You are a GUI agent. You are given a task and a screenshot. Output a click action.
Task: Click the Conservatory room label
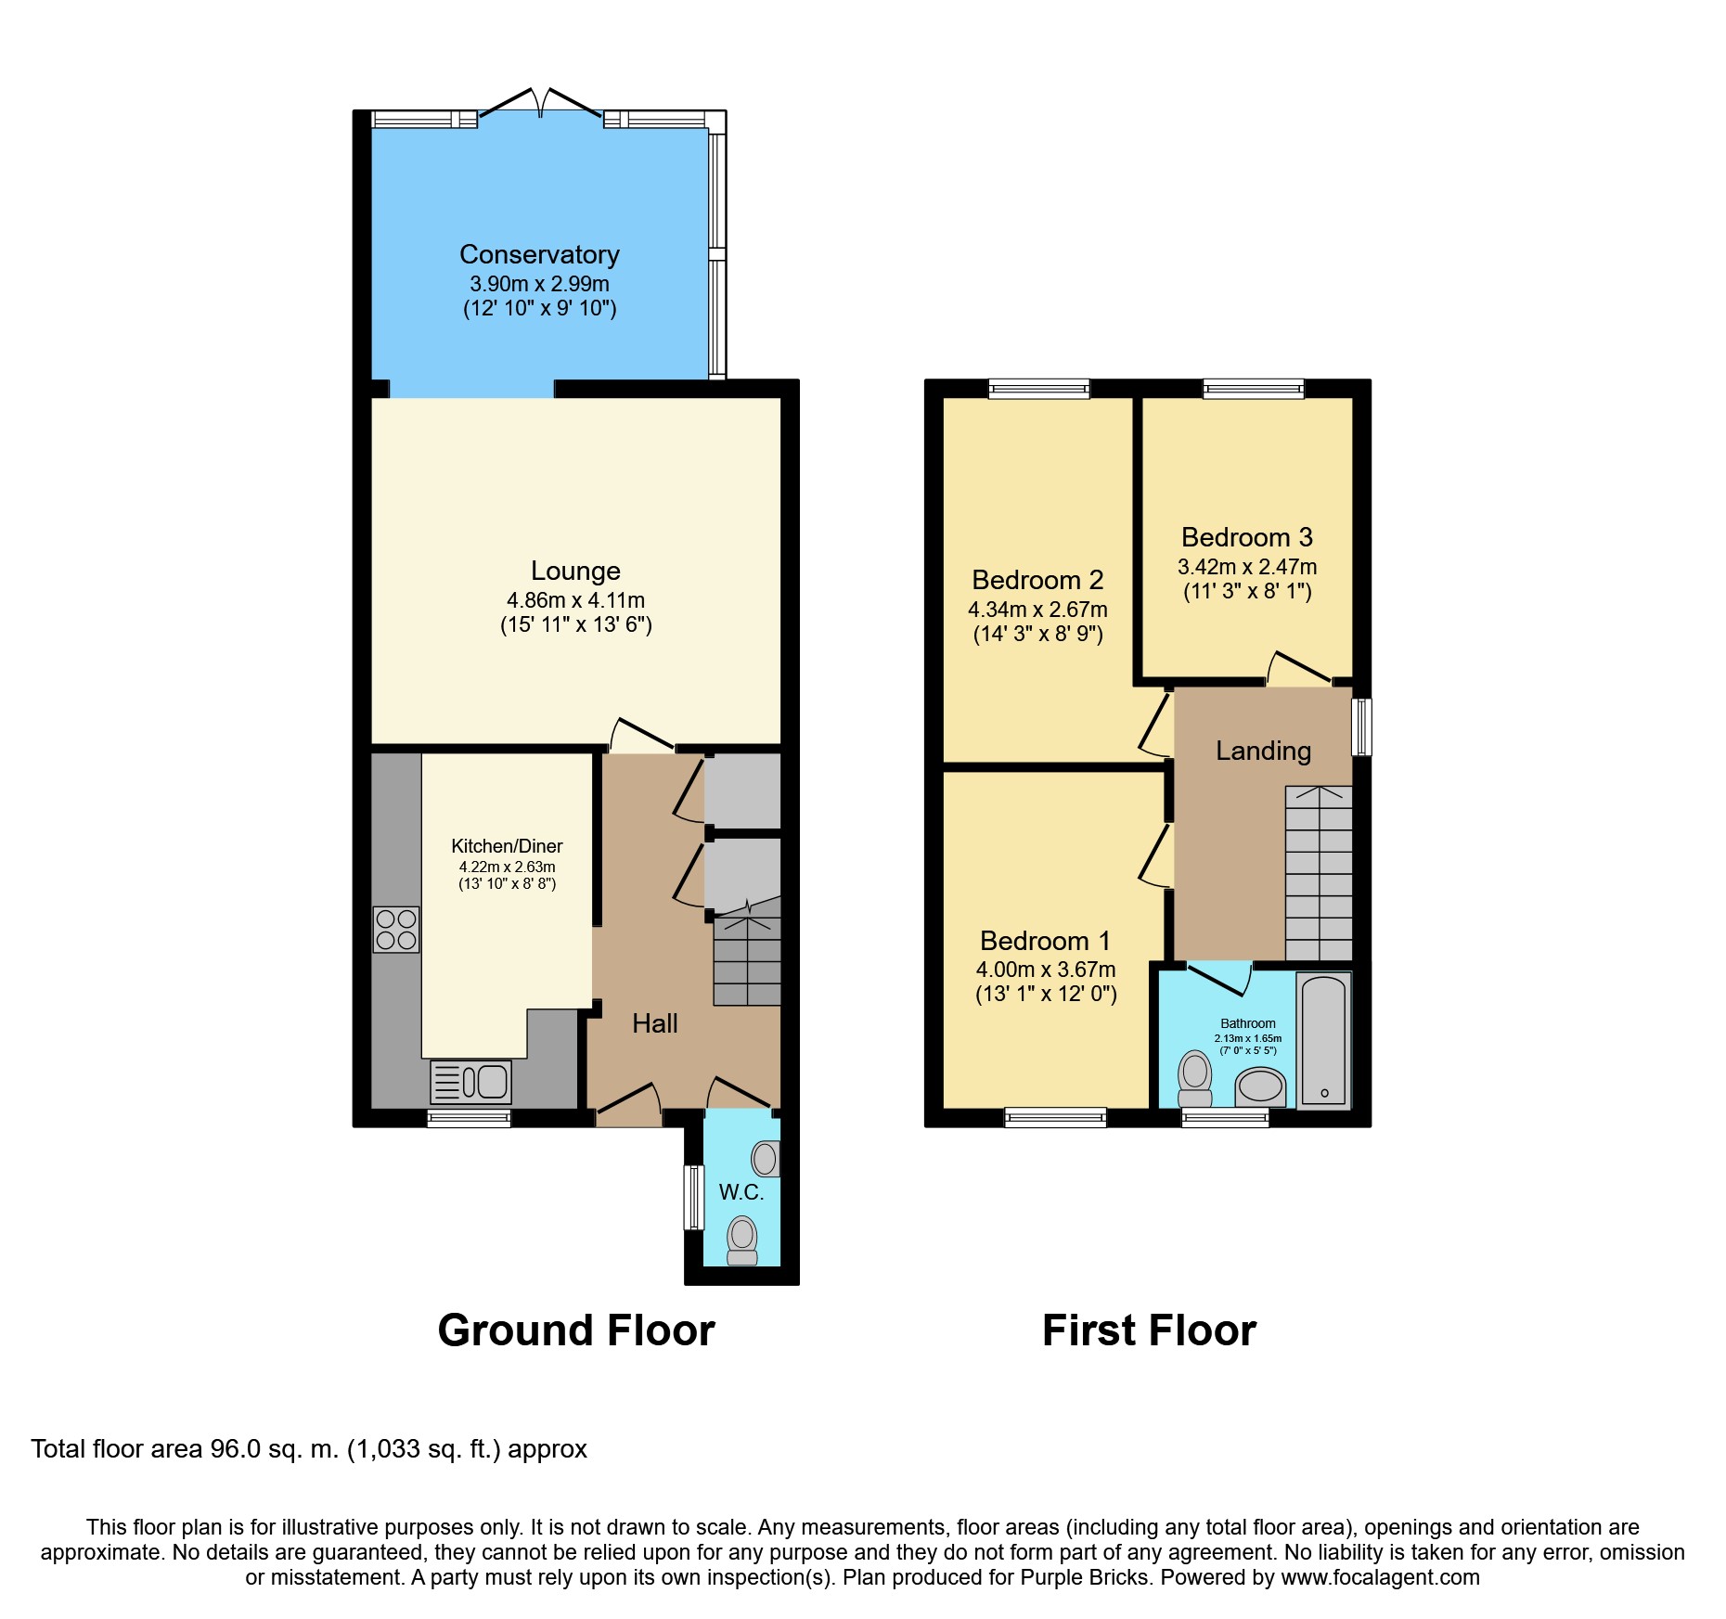(539, 254)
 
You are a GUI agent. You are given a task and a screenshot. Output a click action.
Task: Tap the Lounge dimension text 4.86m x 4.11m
(575, 600)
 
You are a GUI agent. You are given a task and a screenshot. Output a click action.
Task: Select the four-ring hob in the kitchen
(396, 930)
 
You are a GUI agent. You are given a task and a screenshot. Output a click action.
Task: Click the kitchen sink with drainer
(471, 1082)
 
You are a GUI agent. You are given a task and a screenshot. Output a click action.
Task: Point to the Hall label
(655, 1023)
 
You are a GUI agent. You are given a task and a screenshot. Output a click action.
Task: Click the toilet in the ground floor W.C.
(742, 1240)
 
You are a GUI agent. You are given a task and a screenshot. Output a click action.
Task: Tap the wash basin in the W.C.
(766, 1158)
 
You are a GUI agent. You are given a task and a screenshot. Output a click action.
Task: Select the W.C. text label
(741, 1192)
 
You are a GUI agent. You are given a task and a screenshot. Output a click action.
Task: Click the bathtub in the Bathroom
(1323, 1040)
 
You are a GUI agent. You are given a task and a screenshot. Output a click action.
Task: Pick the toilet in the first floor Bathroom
(1195, 1079)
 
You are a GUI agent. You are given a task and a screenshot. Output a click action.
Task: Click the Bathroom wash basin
(1260, 1086)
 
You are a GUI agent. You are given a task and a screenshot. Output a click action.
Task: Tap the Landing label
(1263, 751)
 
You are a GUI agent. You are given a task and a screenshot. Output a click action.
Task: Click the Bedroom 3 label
(1247, 537)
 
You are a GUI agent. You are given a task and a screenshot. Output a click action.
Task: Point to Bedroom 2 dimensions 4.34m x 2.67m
(1037, 610)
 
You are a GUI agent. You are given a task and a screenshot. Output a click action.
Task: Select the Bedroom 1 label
(1045, 941)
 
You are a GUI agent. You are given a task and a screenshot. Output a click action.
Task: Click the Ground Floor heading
(576, 1330)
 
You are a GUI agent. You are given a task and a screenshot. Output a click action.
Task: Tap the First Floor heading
(1149, 1330)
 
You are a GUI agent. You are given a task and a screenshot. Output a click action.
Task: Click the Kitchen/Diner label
(507, 846)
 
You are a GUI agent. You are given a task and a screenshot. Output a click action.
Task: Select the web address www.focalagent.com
(1381, 1577)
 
